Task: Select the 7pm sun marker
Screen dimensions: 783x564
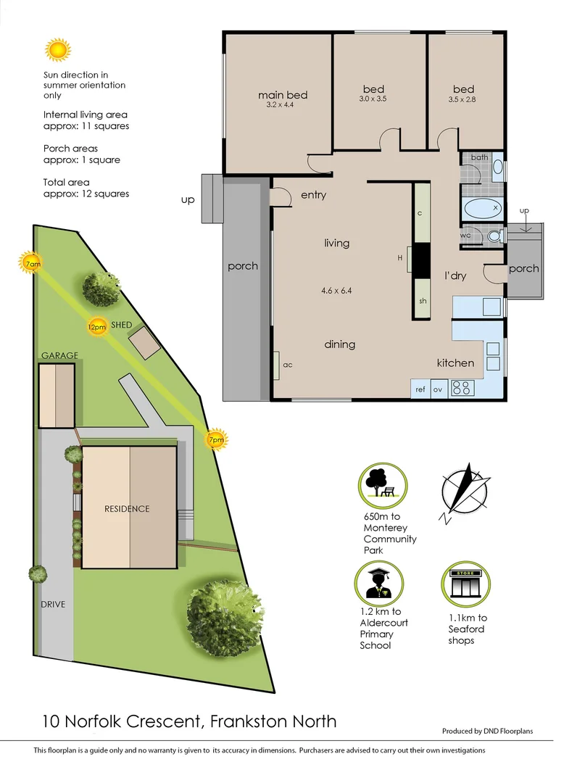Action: [x=216, y=439]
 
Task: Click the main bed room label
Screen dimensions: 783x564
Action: [x=283, y=95]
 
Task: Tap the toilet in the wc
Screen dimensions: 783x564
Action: [x=494, y=236]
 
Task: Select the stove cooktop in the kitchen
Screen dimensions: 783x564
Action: [x=461, y=389]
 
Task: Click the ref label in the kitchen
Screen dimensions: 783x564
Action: [x=420, y=389]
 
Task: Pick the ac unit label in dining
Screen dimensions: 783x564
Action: [x=287, y=365]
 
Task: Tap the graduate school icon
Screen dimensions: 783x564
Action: [x=380, y=584]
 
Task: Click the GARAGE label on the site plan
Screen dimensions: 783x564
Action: [x=59, y=355]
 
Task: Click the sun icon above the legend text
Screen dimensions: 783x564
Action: [x=57, y=50]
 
